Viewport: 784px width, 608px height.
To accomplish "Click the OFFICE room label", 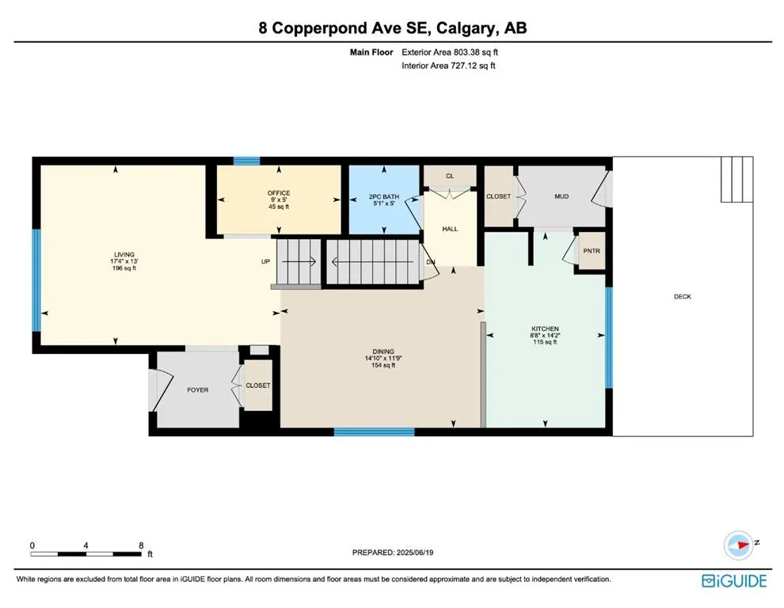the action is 279,193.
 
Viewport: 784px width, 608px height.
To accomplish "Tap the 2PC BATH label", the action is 384,196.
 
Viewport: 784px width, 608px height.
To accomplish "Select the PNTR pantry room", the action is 592,251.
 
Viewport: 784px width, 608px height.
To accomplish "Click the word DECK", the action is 683,297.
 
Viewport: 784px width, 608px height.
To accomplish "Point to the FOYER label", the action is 197,390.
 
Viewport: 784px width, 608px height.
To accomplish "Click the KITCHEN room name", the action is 545,329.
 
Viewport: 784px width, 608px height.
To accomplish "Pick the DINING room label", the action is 383,351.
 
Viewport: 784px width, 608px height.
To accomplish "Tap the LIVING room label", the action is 124,254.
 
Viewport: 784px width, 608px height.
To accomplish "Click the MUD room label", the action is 561,196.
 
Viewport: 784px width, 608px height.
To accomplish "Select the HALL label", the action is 450,229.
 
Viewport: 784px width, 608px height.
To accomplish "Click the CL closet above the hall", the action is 450,176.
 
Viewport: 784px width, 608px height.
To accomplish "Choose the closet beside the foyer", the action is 258,386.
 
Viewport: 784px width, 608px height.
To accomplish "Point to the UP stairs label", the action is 265,261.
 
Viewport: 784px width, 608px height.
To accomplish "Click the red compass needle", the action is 741,544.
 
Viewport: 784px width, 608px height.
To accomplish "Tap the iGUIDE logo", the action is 734,581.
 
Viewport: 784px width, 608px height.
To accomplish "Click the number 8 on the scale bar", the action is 142,545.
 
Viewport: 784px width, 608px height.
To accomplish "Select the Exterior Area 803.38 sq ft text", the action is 450,52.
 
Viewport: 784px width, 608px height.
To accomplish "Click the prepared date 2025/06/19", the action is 414,553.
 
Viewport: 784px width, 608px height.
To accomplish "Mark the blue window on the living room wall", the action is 36,280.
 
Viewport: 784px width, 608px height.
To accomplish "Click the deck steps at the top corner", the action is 737,179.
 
